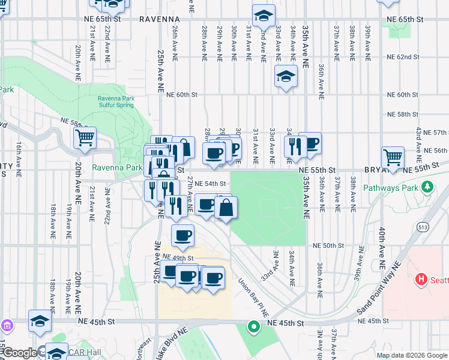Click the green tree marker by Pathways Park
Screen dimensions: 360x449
point(427,187)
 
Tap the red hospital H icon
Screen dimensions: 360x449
point(421,280)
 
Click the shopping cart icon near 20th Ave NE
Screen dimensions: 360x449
point(85,137)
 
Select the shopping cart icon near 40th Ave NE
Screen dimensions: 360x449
point(393,158)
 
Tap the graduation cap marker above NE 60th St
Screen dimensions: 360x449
point(286,76)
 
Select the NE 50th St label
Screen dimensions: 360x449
point(328,245)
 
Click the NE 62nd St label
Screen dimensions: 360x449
point(403,57)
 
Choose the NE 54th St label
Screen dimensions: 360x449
point(211,184)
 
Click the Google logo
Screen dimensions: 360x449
point(20,353)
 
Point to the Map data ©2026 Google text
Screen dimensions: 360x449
point(411,355)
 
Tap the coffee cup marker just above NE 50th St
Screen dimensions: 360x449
point(183,235)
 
